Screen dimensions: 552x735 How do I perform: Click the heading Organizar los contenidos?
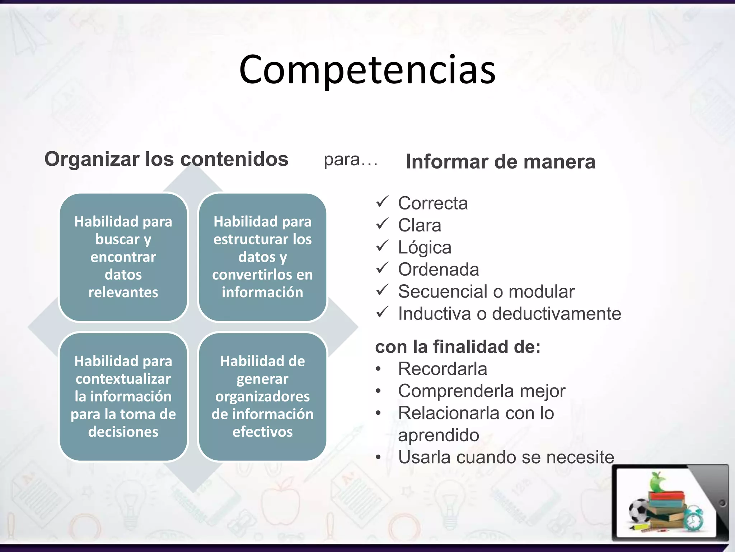click(166, 159)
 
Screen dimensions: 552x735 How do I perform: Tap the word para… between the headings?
click(351, 160)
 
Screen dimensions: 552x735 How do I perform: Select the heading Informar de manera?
click(500, 161)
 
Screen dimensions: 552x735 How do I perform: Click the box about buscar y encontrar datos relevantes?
click(123, 257)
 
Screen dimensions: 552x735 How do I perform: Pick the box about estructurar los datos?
click(262, 257)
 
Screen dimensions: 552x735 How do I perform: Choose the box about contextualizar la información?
click(123, 396)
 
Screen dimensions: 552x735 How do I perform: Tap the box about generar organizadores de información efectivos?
click(262, 396)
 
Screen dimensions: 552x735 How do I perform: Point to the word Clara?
click(419, 225)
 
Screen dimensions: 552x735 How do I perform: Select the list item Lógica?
click(425, 248)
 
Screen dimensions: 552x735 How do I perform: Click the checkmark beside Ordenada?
click(382, 268)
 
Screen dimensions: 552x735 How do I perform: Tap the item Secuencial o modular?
click(486, 291)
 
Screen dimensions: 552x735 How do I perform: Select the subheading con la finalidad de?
click(458, 347)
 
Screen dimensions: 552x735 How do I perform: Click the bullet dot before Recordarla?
click(378, 369)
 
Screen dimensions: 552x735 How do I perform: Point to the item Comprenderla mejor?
click(481, 391)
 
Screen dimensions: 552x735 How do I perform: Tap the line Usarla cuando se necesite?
click(506, 457)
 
